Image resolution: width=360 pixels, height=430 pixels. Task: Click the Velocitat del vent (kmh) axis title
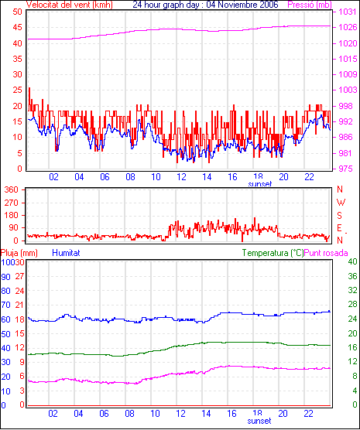[x=69, y=5]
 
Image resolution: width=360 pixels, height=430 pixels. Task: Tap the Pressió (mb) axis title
[x=310, y=5]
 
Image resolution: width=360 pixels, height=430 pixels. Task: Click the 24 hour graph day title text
[x=205, y=5]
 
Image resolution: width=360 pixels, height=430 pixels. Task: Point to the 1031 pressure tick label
[x=348, y=12]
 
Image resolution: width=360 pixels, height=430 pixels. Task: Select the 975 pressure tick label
[x=345, y=169]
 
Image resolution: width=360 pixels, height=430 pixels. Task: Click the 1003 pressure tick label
[x=348, y=90]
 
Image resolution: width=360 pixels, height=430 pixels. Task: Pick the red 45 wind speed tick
[x=18, y=27]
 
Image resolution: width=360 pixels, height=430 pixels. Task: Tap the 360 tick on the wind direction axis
[x=12, y=189]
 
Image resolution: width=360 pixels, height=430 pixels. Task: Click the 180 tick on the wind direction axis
[x=12, y=215]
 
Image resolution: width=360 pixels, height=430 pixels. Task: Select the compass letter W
[x=341, y=203]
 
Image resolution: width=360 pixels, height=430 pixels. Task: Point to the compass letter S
[x=340, y=216]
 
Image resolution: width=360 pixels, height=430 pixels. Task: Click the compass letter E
[x=340, y=228]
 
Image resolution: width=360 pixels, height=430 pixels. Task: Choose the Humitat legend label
[x=66, y=253]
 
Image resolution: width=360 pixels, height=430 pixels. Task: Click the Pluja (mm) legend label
[x=19, y=253]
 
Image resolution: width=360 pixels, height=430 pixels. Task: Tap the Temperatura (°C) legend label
[x=273, y=253]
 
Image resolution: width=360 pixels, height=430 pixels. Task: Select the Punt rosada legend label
[x=326, y=253]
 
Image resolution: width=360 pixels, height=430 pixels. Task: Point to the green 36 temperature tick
[x=352, y=276]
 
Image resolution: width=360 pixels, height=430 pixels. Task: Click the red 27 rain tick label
[x=19, y=276]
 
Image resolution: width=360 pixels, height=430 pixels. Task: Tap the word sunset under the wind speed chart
[x=260, y=184]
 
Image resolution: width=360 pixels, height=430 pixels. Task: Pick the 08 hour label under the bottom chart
[x=129, y=413]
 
